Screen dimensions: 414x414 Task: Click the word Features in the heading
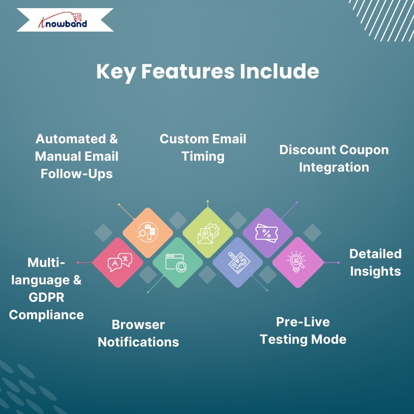[x=188, y=71]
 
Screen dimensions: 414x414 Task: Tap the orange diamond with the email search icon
[x=148, y=233]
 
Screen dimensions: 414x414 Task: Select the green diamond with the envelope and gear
[x=208, y=233]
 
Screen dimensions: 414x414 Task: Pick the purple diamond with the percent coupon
[x=267, y=233]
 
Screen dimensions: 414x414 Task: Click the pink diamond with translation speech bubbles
[x=118, y=263]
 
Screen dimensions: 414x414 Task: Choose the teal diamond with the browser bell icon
[x=178, y=263]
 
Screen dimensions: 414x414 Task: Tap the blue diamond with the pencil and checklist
[x=238, y=263]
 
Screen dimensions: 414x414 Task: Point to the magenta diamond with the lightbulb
[x=297, y=263]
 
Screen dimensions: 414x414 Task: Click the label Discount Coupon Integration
[x=334, y=159]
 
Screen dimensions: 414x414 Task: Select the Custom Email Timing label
[x=203, y=148]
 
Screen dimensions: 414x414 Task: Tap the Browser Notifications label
[x=138, y=333]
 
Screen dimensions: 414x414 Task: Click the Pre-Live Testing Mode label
[x=303, y=331]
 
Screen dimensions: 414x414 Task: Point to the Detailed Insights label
[x=375, y=263]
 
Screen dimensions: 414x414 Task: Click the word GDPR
[x=46, y=297]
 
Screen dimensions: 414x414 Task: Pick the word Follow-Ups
[x=77, y=174]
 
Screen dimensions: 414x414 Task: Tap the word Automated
[x=71, y=139]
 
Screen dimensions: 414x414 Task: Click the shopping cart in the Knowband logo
[x=77, y=17]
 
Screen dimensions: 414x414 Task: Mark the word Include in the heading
[x=279, y=71]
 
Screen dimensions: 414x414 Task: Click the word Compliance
[x=46, y=315]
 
